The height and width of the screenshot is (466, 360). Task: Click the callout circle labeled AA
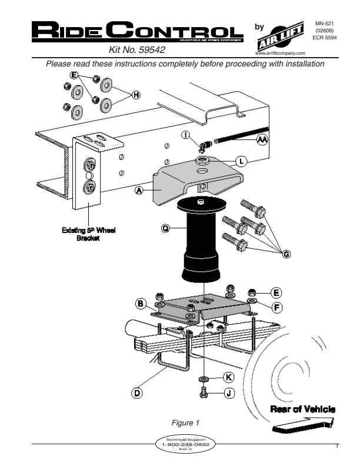(x=262, y=139)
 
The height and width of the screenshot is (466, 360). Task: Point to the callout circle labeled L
(x=241, y=161)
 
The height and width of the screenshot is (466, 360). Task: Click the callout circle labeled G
(x=286, y=254)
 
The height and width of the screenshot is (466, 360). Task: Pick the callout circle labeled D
(x=136, y=392)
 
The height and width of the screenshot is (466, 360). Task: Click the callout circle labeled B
(x=141, y=304)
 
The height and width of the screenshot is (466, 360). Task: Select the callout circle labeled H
(x=136, y=95)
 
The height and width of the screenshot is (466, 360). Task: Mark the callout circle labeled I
(x=185, y=134)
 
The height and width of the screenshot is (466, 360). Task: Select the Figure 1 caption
(x=185, y=422)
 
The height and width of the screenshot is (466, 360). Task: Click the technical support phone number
(x=185, y=445)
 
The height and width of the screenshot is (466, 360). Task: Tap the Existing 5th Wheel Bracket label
(x=89, y=235)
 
